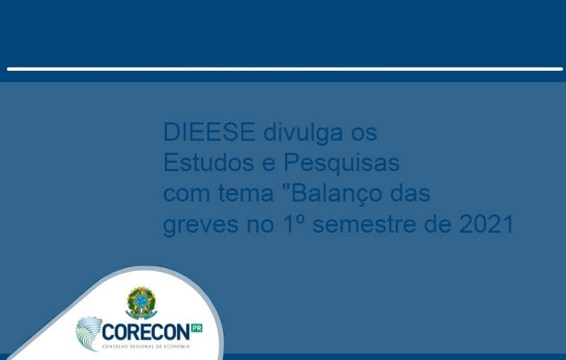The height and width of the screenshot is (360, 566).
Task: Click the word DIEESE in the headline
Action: (209, 132)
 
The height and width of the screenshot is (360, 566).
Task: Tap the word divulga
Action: (303, 133)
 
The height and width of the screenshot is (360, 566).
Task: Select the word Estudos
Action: (209, 162)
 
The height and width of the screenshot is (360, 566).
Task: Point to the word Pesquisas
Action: (342, 163)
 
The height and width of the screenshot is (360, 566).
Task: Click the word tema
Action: (246, 193)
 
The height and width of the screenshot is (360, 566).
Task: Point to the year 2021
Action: (487, 223)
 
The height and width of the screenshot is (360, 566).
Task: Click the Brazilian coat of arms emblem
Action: (141, 303)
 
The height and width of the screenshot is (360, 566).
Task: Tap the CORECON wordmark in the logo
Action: (146, 332)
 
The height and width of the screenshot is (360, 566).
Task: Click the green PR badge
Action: (197, 328)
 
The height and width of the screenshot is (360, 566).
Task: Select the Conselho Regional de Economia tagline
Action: (146, 347)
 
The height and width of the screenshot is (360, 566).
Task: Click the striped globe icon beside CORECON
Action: (89, 333)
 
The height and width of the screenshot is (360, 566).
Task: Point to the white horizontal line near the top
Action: (285, 69)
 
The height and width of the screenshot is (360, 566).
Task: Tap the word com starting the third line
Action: (187, 194)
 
